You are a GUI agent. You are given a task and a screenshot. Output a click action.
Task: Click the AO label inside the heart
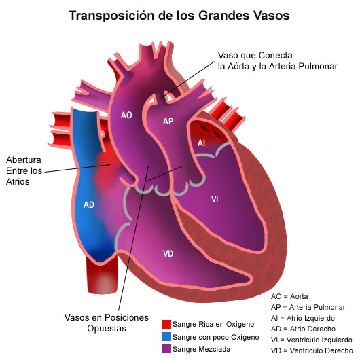click(x=126, y=115)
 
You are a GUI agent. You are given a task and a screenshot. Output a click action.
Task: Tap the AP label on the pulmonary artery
click(x=168, y=121)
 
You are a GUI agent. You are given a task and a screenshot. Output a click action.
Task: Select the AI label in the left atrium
click(x=201, y=143)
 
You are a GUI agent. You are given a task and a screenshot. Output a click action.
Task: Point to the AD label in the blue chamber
click(x=89, y=204)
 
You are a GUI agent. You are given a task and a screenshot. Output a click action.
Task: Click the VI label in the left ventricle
click(x=215, y=199)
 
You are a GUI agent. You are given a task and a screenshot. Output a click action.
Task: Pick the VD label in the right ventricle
click(x=168, y=254)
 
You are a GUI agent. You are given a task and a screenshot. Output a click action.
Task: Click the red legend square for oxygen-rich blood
click(x=166, y=324)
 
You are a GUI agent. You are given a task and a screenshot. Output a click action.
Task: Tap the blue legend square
click(x=166, y=337)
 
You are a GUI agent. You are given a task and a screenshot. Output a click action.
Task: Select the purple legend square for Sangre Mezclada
click(x=166, y=348)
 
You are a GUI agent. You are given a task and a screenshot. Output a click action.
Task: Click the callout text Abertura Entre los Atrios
click(x=24, y=170)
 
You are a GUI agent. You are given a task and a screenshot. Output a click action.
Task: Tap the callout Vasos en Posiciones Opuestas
click(x=107, y=323)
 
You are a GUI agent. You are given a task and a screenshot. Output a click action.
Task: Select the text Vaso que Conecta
click(x=255, y=55)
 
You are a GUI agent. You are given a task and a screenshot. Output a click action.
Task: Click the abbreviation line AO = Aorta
click(x=289, y=296)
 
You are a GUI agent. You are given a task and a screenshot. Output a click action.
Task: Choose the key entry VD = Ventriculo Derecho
click(x=312, y=350)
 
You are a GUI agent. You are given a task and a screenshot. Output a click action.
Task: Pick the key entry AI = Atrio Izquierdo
click(x=303, y=318)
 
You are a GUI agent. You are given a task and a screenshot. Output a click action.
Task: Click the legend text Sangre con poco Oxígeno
click(x=216, y=337)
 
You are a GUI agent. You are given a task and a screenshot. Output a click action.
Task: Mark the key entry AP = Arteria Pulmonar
click(x=308, y=307)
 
